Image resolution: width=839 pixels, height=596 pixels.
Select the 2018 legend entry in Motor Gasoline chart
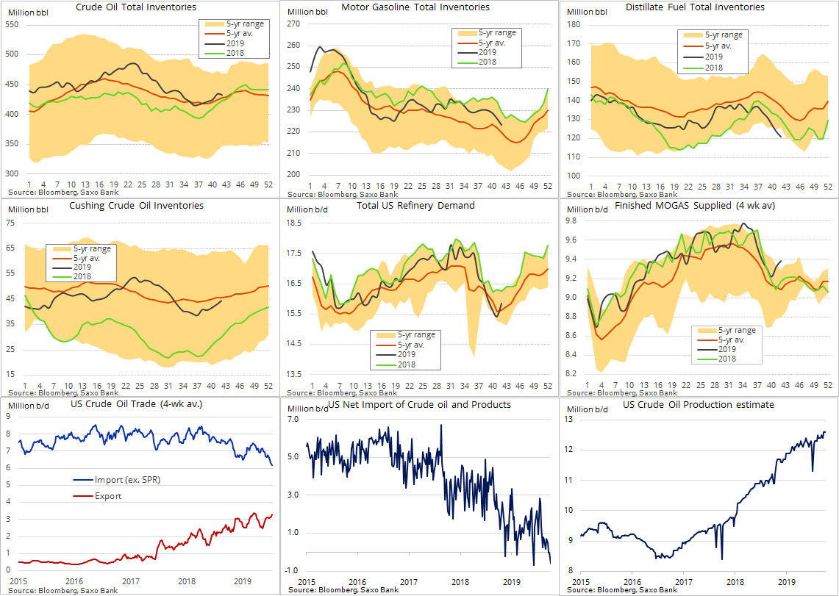(x=488, y=62)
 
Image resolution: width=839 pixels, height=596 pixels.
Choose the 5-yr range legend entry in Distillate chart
(x=723, y=35)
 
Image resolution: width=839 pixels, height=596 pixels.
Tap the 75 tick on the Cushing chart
(x=11, y=223)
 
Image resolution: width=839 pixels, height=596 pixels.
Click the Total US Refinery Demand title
(x=415, y=206)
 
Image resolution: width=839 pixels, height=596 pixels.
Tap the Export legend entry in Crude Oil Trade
(x=108, y=496)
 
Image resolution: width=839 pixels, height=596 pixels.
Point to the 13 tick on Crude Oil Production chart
(x=568, y=419)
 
